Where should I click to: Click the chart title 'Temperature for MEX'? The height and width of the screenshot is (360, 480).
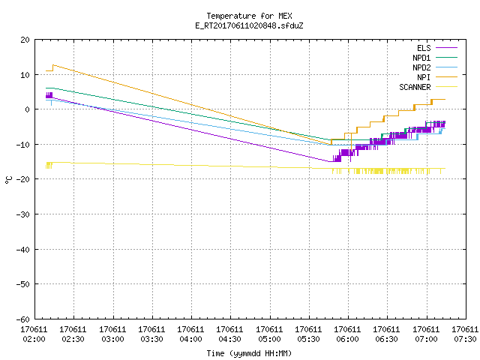(249, 16)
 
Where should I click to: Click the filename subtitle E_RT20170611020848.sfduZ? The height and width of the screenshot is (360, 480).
(249, 25)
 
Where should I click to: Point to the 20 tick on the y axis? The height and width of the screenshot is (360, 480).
(25, 40)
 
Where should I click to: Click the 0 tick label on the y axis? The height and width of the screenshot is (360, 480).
(28, 109)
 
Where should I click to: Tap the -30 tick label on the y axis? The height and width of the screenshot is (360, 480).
(23, 214)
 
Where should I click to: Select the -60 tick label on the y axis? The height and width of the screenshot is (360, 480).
(23, 319)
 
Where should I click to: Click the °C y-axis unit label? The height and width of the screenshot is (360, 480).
(8, 180)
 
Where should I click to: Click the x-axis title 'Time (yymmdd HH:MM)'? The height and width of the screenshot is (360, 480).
(249, 353)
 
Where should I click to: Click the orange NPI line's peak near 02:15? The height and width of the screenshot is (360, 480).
(53, 65)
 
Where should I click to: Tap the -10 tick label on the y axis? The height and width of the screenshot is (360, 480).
(23, 145)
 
